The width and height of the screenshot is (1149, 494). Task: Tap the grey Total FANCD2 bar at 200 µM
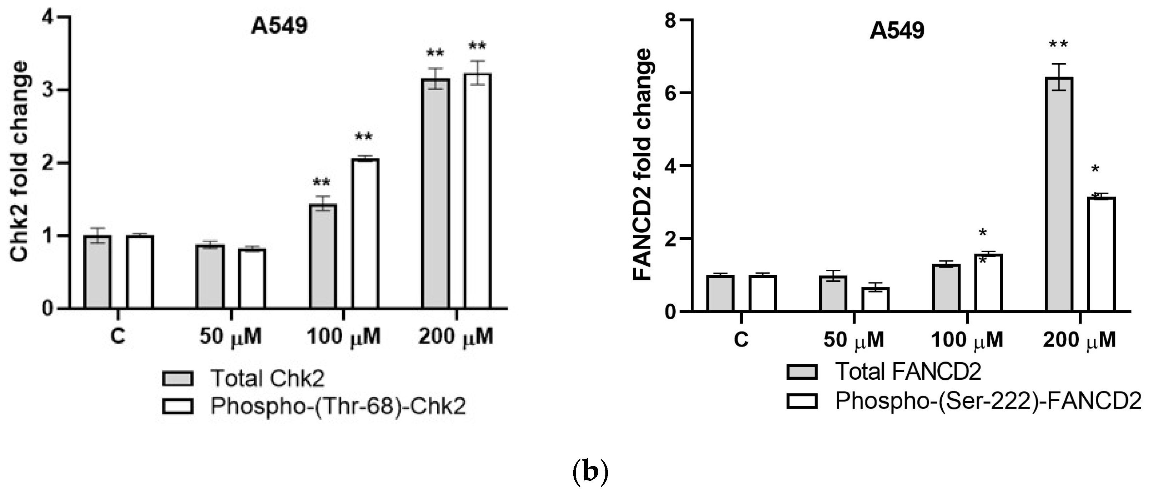[x=1059, y=194]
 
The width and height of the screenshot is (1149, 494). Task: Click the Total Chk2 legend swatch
[x=177, y=378]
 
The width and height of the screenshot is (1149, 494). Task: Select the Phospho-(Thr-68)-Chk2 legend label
[x=338, y=406]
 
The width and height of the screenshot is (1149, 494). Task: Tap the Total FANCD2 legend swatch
[x=802, y=371]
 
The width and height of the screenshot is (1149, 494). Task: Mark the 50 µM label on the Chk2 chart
[x=230, y=336]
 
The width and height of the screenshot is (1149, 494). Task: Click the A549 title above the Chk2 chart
[x=279, y=26]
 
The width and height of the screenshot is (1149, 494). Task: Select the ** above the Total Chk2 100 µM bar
[x=322, y=183]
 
